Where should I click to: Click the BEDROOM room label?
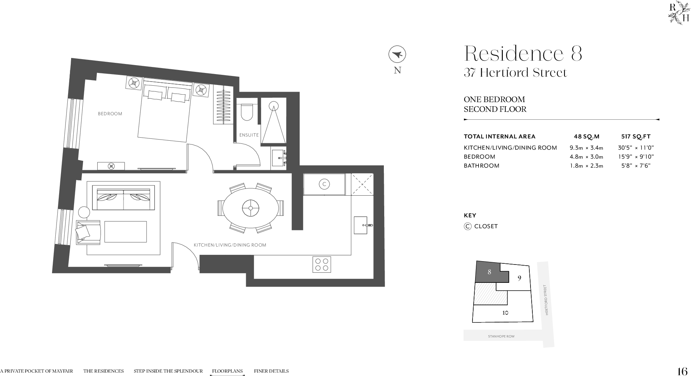[110, 114]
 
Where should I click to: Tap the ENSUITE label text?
[249, 135]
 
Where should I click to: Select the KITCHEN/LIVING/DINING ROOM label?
[230, 245]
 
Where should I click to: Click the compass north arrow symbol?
[397, 55]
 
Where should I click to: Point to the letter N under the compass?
[397, 70]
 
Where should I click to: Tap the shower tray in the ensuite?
[273, 122]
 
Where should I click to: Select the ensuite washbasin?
[278, 158]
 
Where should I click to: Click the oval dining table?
[250, 207]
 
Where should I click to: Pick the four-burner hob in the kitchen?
[322, 265]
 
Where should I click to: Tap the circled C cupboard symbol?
[324, 184]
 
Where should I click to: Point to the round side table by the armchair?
[84, 213]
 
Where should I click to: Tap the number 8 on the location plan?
[489, 272]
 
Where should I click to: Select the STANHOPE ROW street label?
[501, 336]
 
